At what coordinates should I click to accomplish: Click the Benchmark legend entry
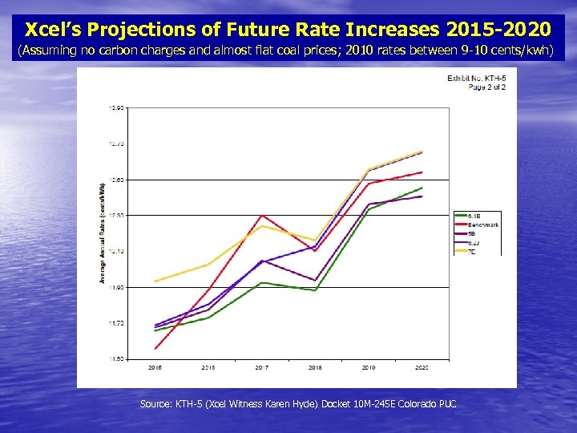(483, 225)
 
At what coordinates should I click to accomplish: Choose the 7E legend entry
(473, 250)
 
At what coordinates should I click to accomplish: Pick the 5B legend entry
(473, 234)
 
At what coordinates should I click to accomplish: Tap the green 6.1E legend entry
(474, 216)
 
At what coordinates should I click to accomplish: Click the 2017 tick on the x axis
(261, 367)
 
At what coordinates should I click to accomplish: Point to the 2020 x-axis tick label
(422, 367)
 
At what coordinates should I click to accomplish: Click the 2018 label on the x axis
(316, 367)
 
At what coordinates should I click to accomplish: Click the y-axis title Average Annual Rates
(103, 233)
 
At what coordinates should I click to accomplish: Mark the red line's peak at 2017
(261, 215)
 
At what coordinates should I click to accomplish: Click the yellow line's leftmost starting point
(155, 281)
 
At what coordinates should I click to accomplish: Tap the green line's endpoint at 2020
(422, 188)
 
